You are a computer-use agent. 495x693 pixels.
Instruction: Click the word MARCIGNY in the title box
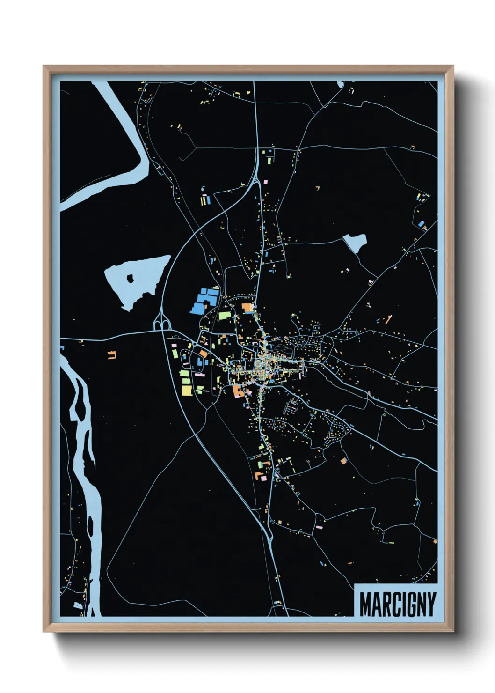397,604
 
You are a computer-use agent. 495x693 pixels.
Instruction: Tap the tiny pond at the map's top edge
340,85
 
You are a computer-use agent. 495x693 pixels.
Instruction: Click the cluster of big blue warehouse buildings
204,301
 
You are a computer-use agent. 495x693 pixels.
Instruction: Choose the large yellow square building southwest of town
187,390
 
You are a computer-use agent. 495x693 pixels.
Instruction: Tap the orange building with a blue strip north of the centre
247,308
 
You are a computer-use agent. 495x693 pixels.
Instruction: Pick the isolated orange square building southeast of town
344,461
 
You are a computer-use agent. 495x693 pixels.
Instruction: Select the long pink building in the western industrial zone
199,375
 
